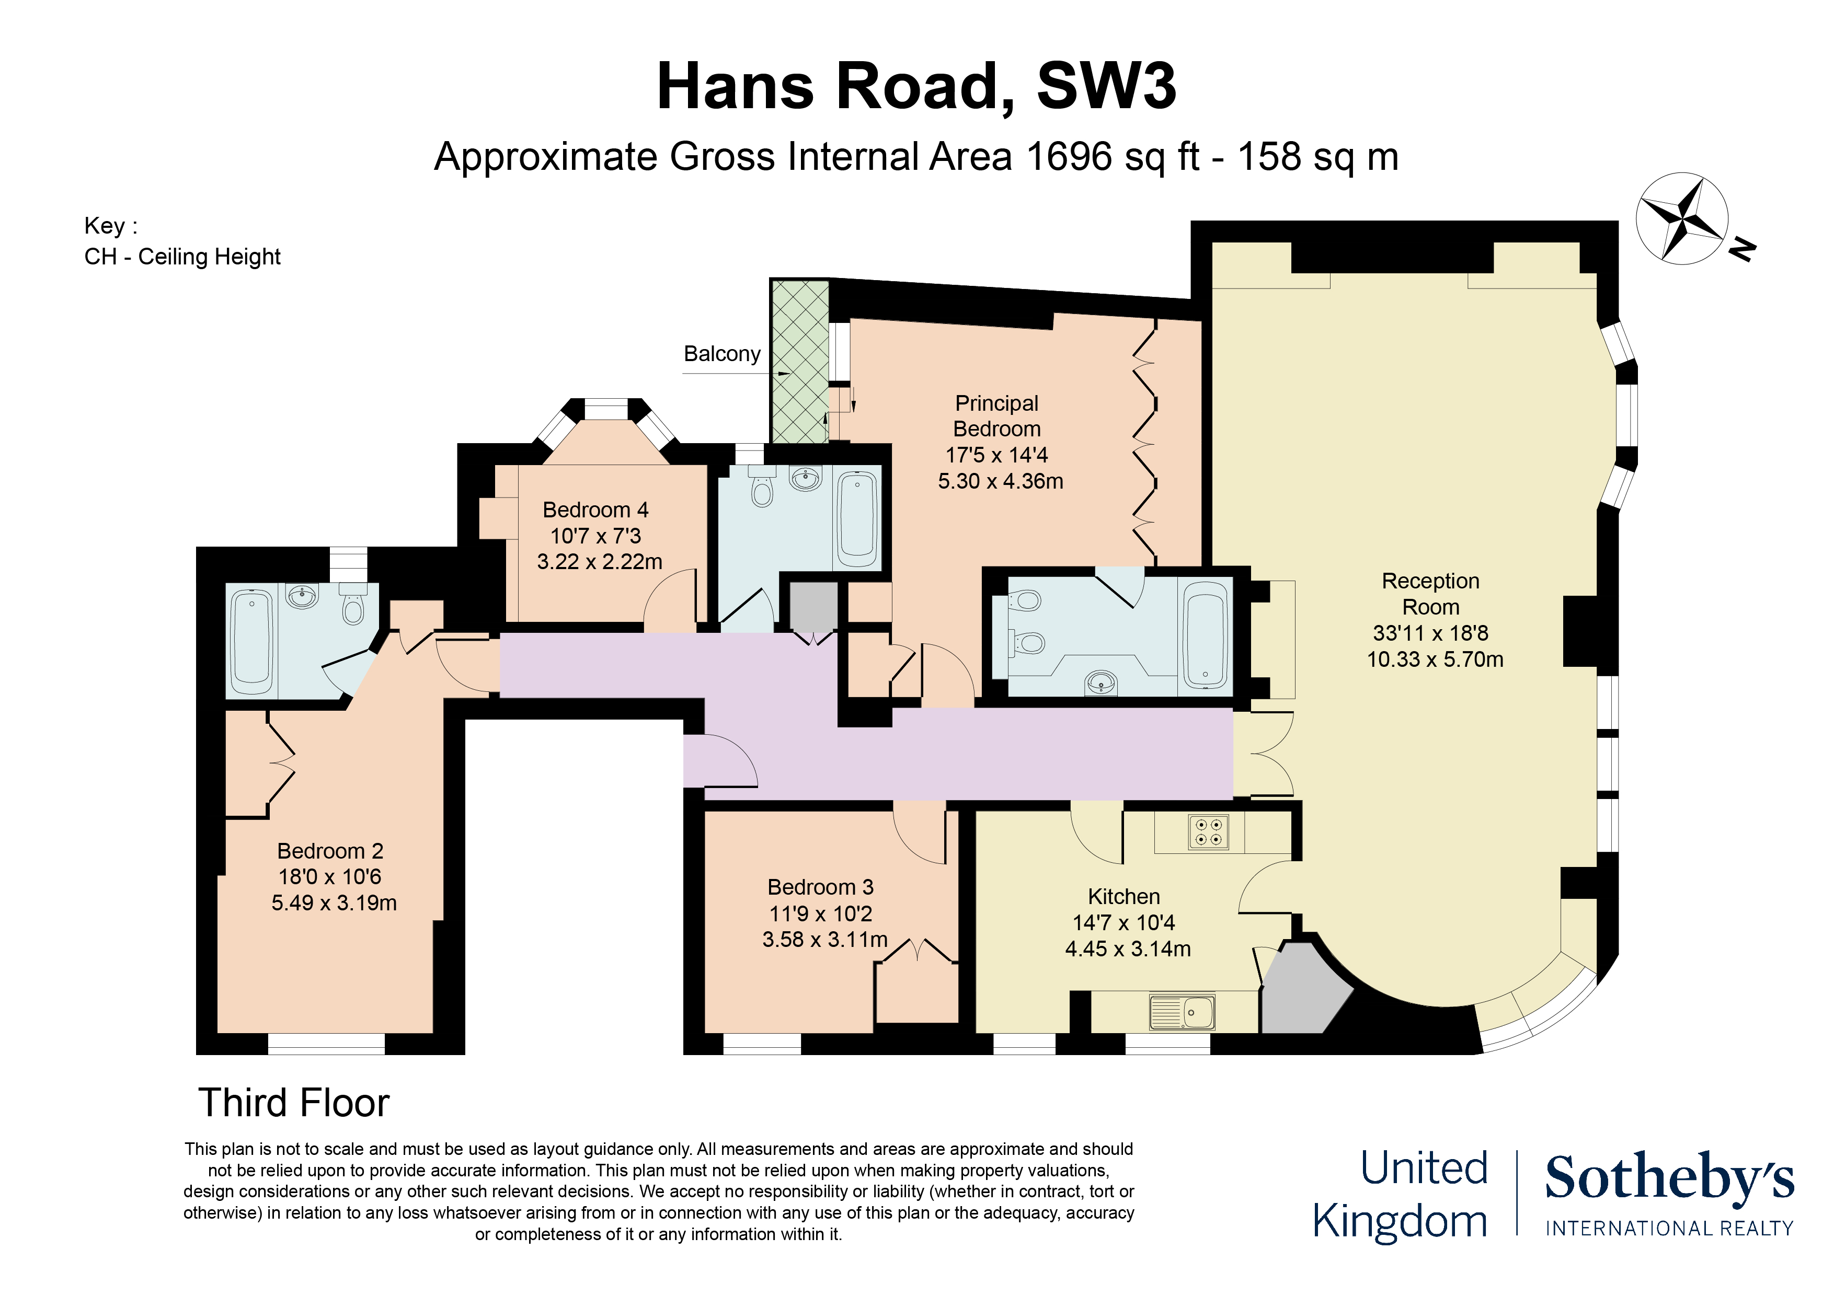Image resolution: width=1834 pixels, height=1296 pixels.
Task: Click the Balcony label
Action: tap(721, 354)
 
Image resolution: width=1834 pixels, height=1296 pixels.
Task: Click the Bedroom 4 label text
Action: tap(595, 510)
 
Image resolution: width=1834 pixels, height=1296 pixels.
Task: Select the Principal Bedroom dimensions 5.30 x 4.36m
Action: tap(1000, 481)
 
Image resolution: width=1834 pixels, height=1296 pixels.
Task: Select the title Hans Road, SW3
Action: tap(916, 86)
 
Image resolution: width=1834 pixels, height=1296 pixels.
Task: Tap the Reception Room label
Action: tap(1430, 594)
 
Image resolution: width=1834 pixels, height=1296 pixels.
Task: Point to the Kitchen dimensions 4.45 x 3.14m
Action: tap(1127, 948)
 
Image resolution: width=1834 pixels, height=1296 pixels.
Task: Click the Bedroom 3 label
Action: tap(820, 887)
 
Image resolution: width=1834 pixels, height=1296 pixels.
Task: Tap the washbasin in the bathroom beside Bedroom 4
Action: tap(805, 479)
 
